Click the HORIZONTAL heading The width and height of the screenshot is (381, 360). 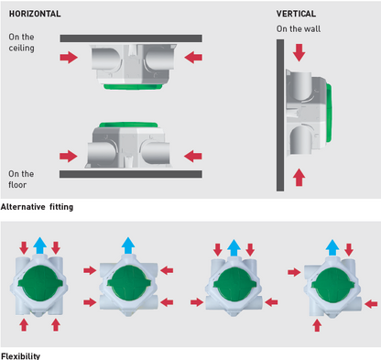coord(35,14)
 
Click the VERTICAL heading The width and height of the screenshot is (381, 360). coord(296,14)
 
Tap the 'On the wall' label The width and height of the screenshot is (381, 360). coord(299,29)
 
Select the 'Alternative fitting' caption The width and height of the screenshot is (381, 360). coord(37,207)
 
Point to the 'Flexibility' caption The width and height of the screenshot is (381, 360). coord(20,356)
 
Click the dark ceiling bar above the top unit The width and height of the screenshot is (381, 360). coord(131,38)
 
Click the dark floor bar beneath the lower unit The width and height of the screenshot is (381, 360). coord(131,174)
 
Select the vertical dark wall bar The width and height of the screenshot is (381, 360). coord(280,115)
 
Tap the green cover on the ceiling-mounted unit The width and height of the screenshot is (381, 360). coord(133,87)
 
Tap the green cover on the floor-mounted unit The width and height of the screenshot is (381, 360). coord(128,125)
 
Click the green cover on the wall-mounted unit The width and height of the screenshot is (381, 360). coord(329,113)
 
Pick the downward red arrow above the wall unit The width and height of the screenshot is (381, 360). coord(299,52)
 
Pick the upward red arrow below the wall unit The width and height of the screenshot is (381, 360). coord(299,177)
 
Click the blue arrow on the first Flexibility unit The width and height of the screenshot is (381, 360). coord(39,245)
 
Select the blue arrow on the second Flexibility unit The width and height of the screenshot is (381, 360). coord(128,245)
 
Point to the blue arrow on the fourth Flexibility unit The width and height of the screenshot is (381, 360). coord(332,247)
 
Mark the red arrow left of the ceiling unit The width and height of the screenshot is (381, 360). coord(69,57)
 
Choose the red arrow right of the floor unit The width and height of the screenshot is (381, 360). coord(193,156)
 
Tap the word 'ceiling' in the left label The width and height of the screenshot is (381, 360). coord(21,48)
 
